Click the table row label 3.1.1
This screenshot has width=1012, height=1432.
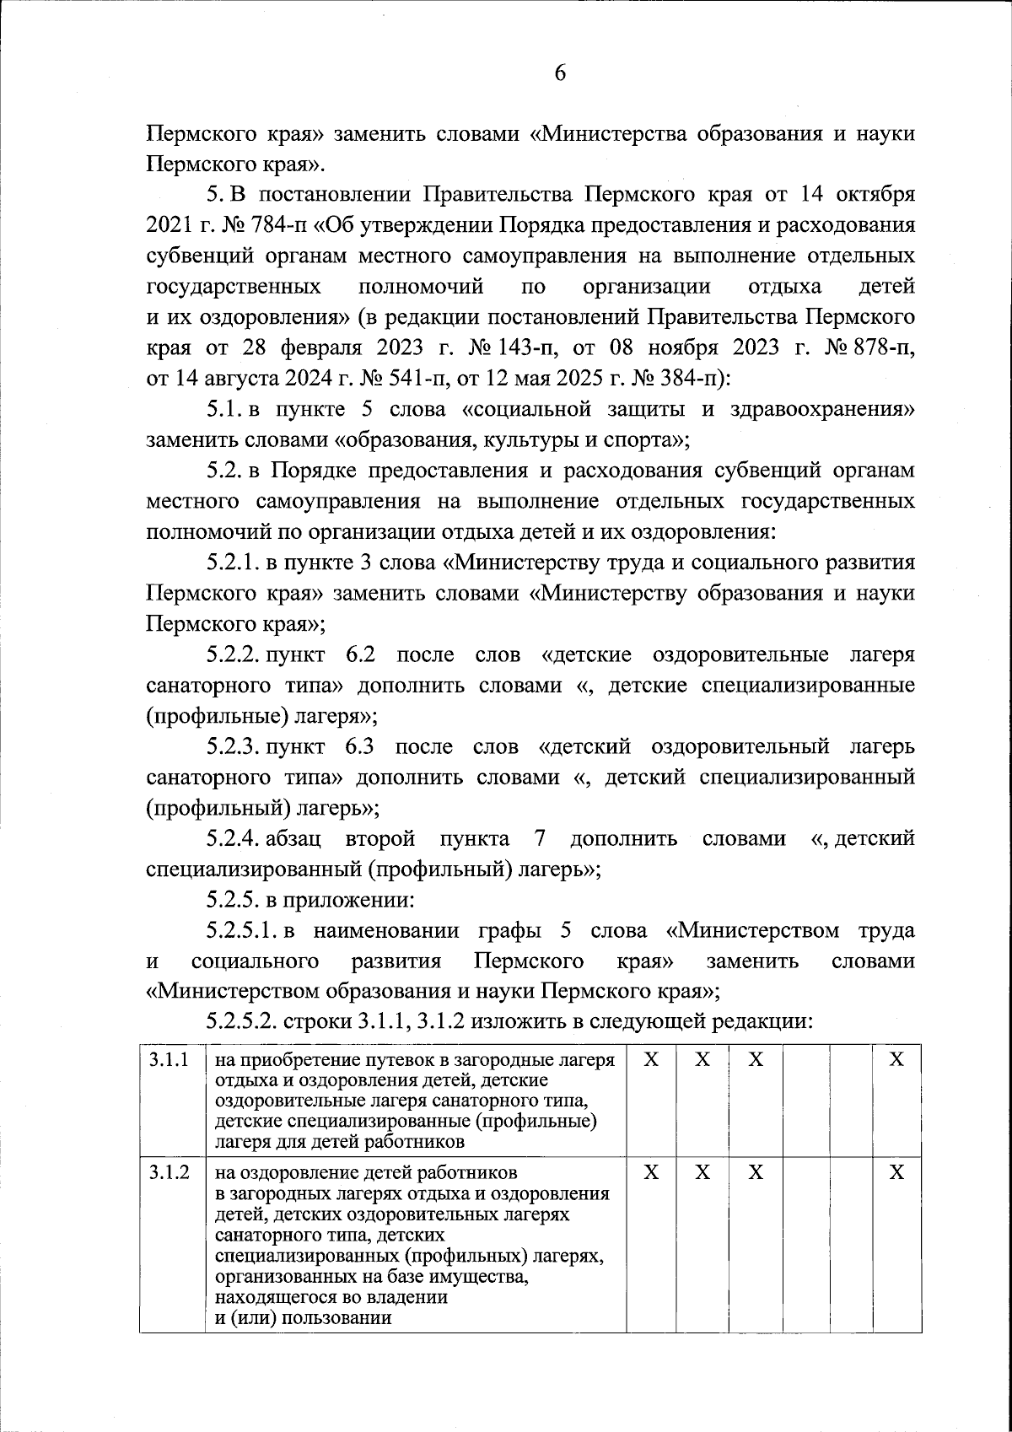(x=168, y=1060)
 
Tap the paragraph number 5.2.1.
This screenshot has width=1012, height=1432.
(x=234, y=562)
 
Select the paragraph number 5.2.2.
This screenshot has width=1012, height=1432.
(x=234, y=654)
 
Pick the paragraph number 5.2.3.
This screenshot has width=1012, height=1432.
(x=234, y=746)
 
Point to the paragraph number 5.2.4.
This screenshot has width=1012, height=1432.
(x=234, y=838)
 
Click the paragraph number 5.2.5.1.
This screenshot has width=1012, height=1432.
(x=242, y=930)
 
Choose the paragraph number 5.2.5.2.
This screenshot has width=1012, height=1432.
(x=243, y=1023)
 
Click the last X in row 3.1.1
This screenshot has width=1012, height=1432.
(x=896, y=1060)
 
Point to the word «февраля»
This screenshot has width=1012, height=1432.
(x=321, y=347)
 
